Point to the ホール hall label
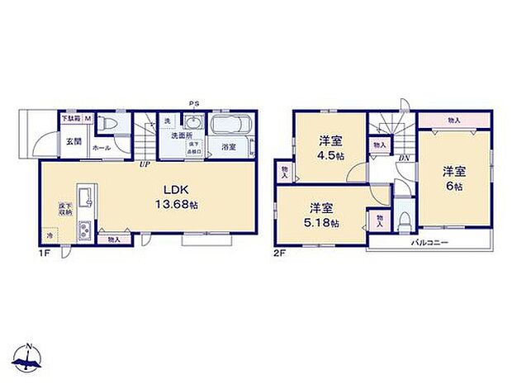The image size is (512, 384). pos(102,148)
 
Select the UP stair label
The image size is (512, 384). pos(145,163)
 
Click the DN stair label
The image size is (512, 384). pos(405,159)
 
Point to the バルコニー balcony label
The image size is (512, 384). pos(430,243)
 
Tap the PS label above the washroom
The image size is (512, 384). pos(194,104)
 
